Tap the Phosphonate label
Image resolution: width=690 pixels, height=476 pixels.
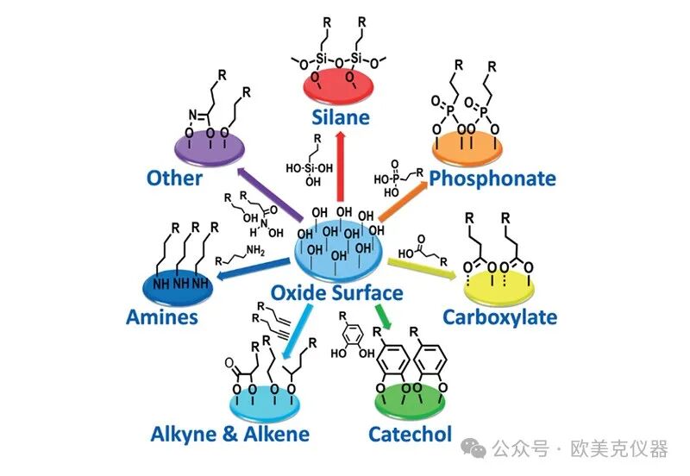coord(492,178)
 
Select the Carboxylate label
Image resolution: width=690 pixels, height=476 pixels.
coord(499,316)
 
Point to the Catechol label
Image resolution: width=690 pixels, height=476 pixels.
coord(409,433)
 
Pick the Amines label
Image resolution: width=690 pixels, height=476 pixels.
coord(161,316)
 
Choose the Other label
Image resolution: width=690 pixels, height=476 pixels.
coord(174,178)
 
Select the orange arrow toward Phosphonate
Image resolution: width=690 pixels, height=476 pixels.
coord(404,197)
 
